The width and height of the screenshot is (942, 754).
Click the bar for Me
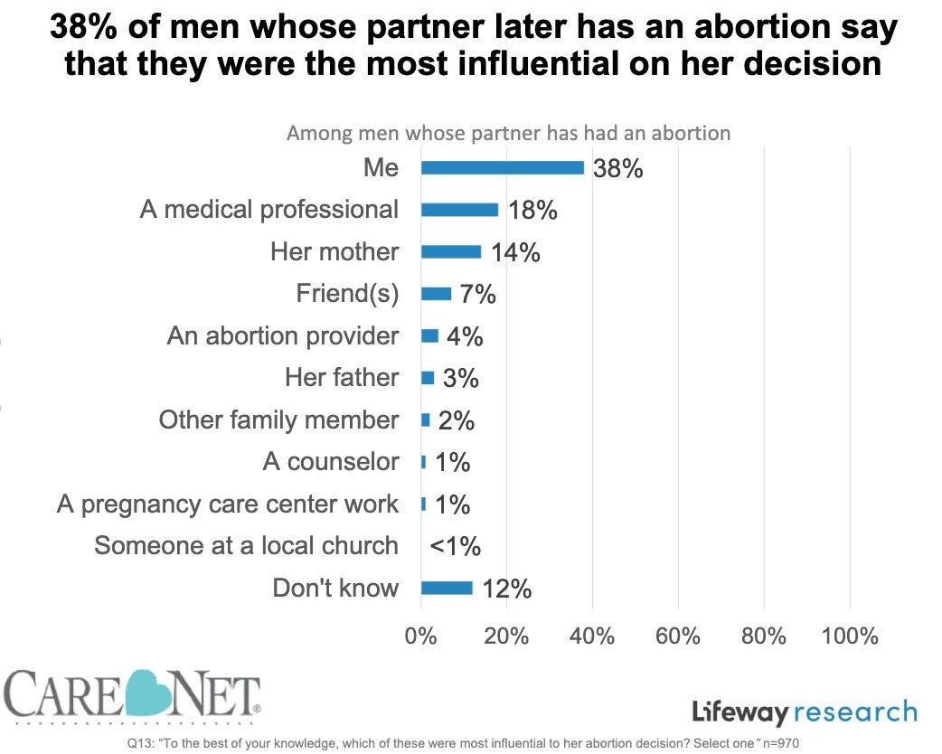pyautogui.click(x=503, y=167)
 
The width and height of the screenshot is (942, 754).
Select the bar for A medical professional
pyautogui.click(x=459, y=210)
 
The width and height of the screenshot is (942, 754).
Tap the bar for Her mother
pyautogui.click(x=451, y=251)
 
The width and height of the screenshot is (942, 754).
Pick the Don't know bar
pyautogui.click(x=447, y=588)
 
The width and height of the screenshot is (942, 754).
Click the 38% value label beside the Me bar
pyautogui.click(x=618, y=168)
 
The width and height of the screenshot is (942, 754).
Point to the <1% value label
pyautogui.click(x=455, y=546)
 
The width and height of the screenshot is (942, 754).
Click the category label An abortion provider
pyautogui.click(x=283, y=335)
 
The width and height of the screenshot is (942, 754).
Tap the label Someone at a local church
pyautogui.click(x=246, y=545)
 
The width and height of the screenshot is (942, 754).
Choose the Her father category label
pyautogui.click(x=342, y=377)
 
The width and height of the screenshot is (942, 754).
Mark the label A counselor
pyautogui.click(x=331, y=461)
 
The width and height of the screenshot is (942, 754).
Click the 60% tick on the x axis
pyautogui.click(x=678, y=636)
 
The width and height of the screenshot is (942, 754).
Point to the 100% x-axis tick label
pyautogui.click(x=850, y=636)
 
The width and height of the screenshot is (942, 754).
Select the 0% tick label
pyautogui.click(x=421, y=636)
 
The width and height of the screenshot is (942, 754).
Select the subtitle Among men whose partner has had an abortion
pyautogui.click(x=508, y=133)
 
